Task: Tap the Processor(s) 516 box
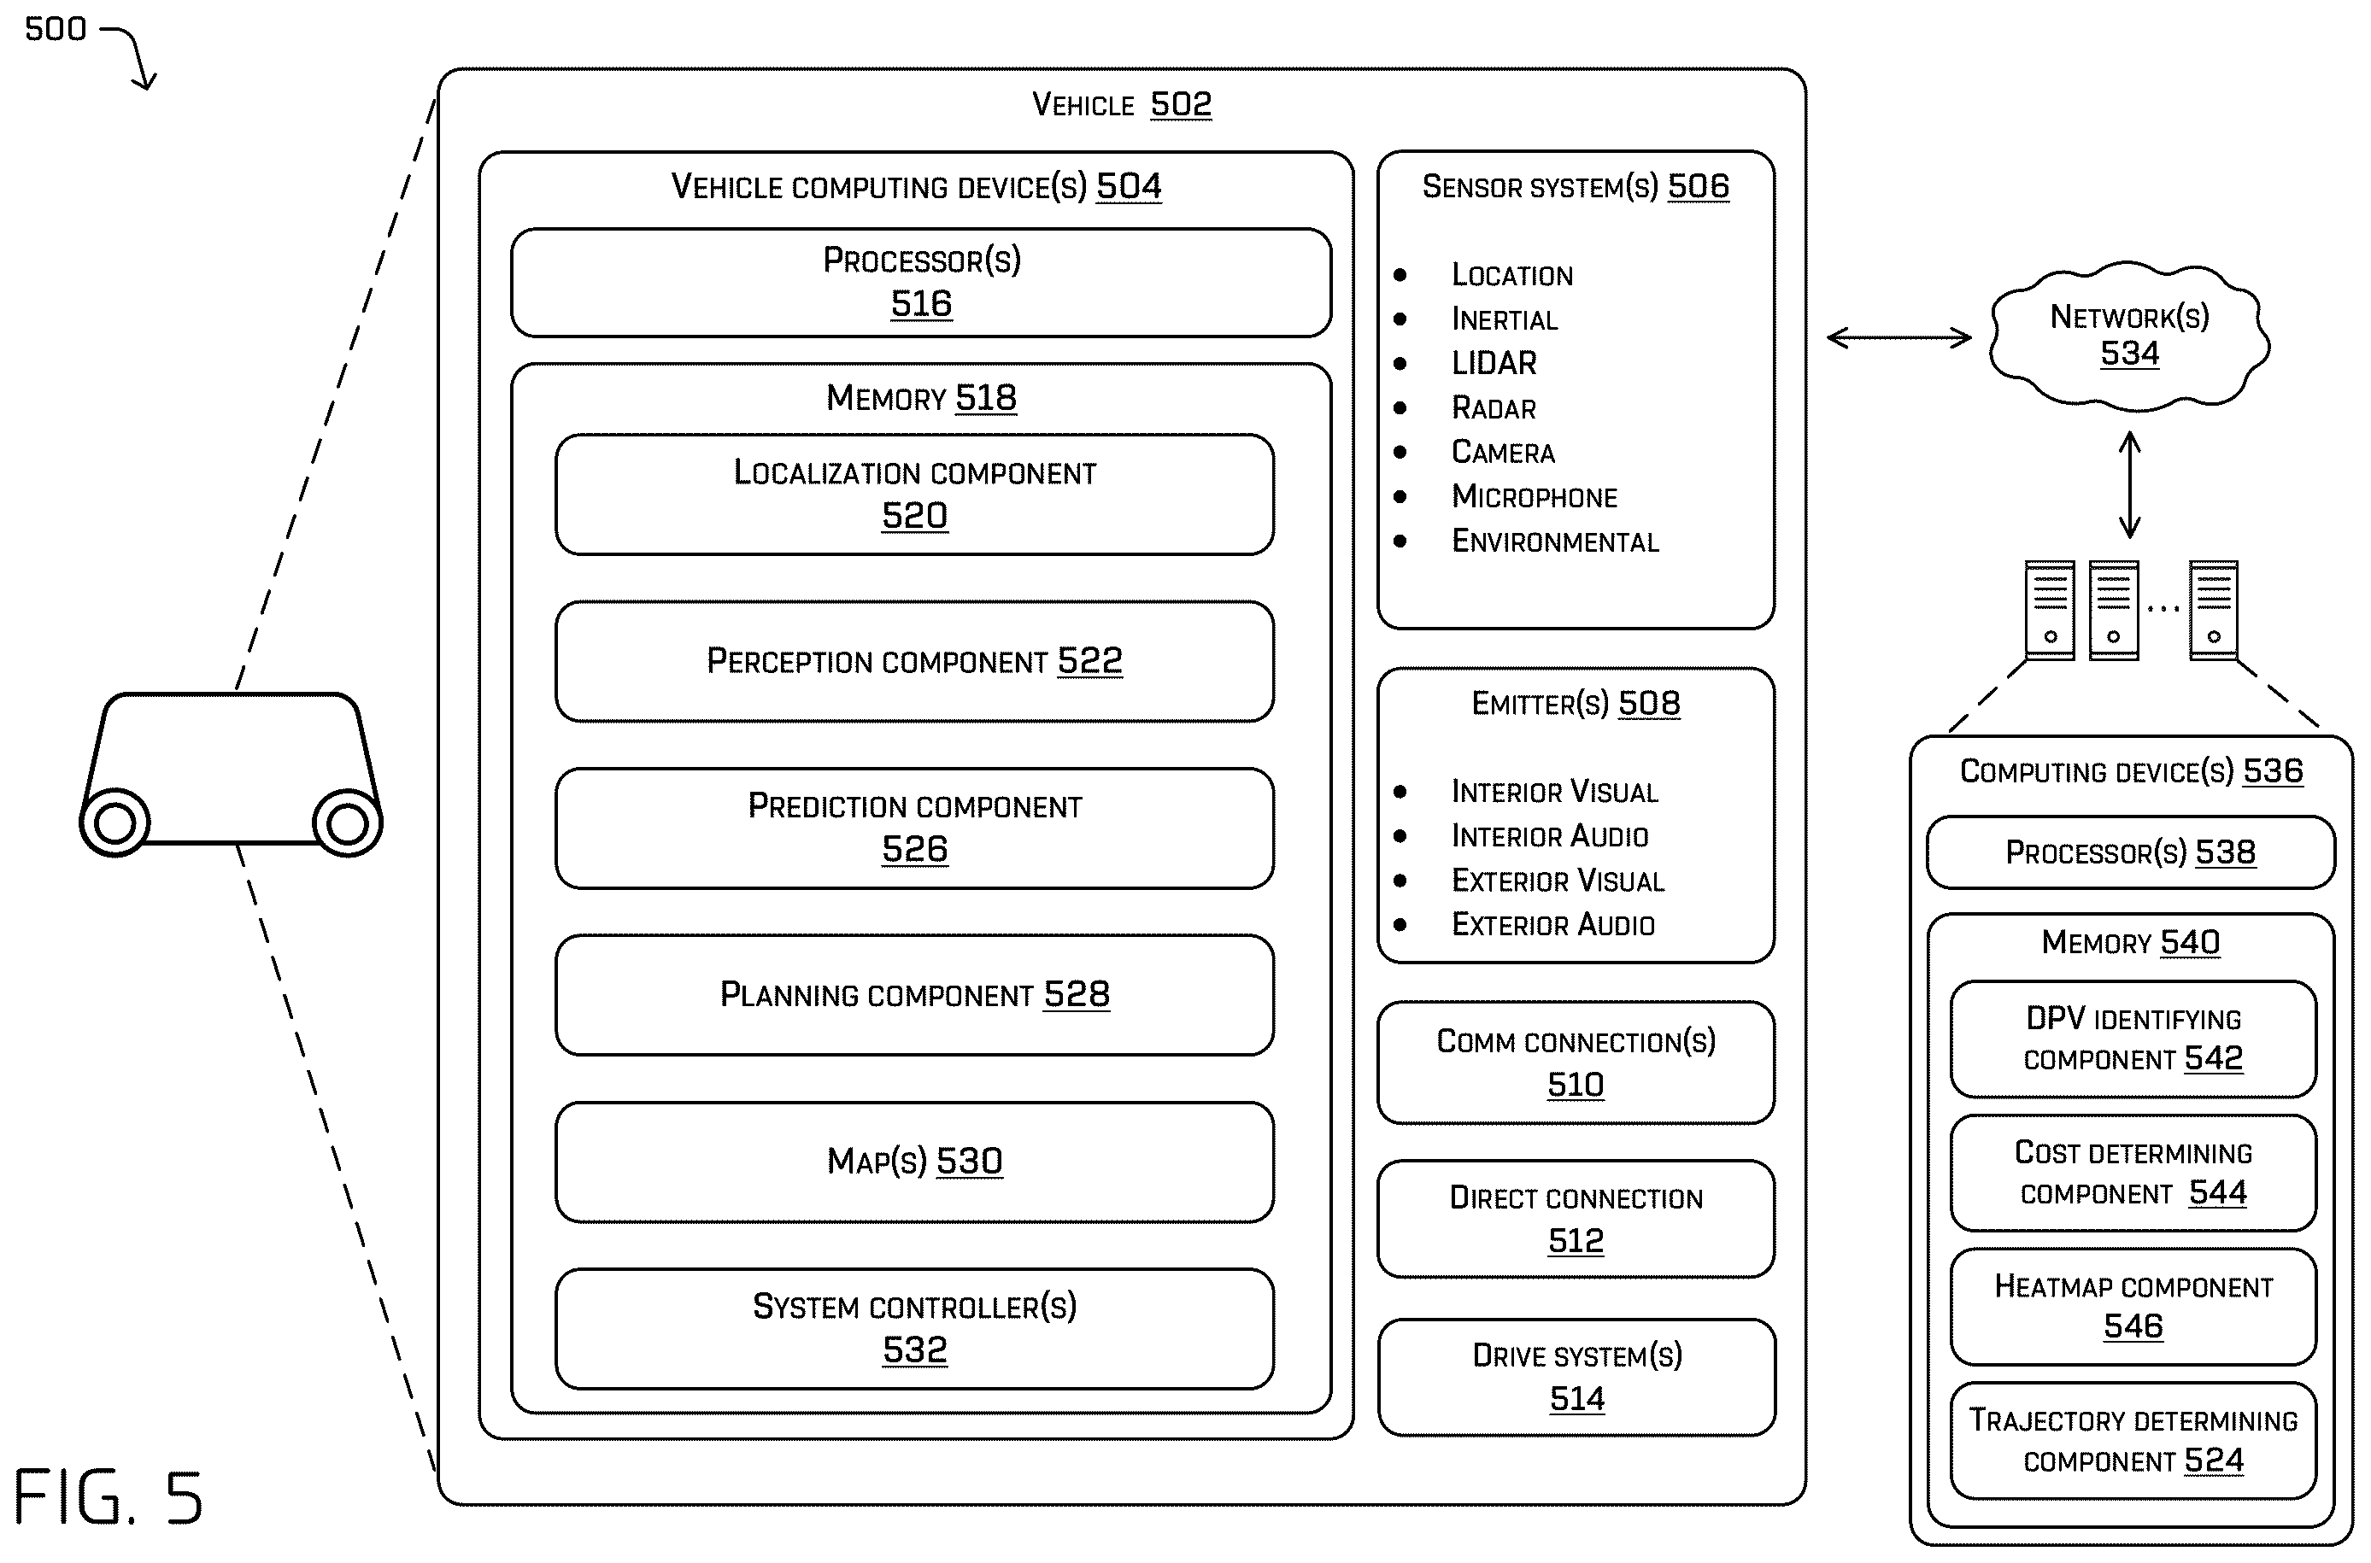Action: point(920,283)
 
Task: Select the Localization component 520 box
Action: point(914,495)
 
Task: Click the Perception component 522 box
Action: point(914,661)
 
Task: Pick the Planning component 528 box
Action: point(914,995)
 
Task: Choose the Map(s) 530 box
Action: point(914,1162)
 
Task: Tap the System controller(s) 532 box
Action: point(914,1329)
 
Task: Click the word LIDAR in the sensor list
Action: point(1494,363)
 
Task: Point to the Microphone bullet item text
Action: point(1535,496)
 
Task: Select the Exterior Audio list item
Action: point(1552,925)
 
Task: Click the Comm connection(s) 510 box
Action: point(1576,1062)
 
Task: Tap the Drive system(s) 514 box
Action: point(1576,1378)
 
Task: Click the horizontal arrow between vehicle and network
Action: point(1899,338)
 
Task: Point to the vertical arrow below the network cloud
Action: point(2130,484)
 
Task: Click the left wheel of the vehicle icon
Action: point(114,823)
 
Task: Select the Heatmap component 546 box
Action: point(2133,1307)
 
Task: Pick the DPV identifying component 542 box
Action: point(2133,1039)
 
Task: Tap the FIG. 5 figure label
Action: point(108,1497)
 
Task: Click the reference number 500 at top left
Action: point(56,29)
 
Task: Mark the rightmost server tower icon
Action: point(2214,610)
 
